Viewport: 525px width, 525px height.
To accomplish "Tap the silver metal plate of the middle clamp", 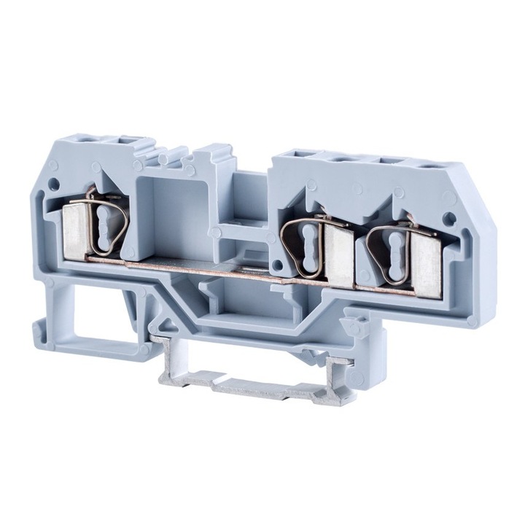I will tap(338, 253).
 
